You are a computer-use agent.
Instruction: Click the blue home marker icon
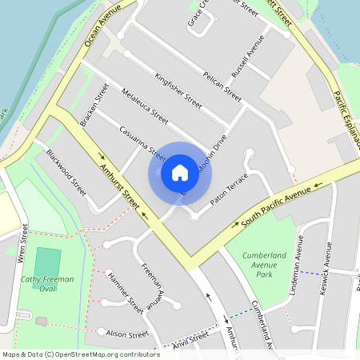(x=180, y=172)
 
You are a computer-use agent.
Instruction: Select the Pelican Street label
(x=211, y=82)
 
